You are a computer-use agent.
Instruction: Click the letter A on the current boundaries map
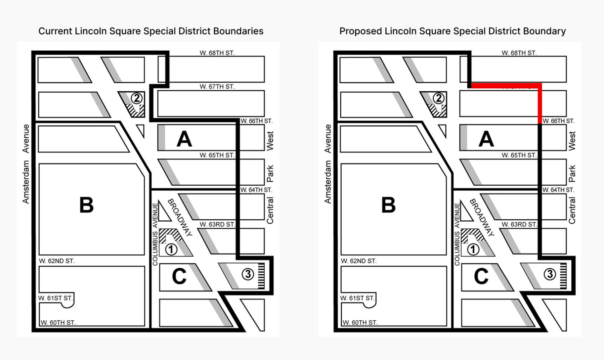(x=184, y=139)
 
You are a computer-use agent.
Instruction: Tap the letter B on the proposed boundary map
(x=389, y=205)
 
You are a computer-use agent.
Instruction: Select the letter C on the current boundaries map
(x=179, y=276)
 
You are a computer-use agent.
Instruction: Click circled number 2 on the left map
(x=136, y=98)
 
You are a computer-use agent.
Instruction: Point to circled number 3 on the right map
(x=550, y=274)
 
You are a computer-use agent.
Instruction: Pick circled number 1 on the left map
(x=171, y=249)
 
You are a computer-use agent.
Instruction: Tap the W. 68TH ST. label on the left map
(x=217, y=53)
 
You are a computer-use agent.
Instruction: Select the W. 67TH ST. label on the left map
(x=217, y=86)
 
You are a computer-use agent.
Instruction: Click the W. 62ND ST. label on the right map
(x=359, y=261)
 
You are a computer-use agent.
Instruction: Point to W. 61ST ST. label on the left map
(x=55, y=298)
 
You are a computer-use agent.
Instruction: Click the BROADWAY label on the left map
(x=179, y=217)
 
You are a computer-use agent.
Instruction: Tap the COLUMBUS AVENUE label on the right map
(x=457, y=234)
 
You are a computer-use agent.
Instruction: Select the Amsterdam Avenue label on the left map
(x=26, y=164)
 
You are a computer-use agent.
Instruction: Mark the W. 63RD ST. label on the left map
(x=217, y=224)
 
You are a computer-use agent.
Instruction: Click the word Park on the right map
(x=572, y=173)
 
